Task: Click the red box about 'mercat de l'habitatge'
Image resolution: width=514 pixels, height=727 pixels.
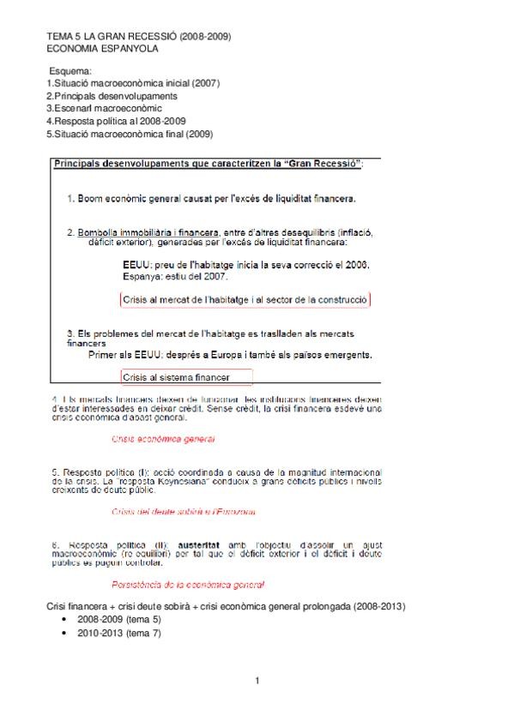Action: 245,300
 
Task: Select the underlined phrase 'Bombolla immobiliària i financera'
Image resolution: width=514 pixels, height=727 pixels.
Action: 148,232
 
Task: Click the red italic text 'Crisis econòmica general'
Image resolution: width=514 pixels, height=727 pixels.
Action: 163,439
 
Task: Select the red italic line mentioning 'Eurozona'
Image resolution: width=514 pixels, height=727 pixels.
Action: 184,512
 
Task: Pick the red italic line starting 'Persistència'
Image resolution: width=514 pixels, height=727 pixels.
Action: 188,585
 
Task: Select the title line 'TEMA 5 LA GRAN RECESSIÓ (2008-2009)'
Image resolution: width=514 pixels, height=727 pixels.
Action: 137,36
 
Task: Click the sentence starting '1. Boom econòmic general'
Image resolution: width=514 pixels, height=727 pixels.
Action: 211,199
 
